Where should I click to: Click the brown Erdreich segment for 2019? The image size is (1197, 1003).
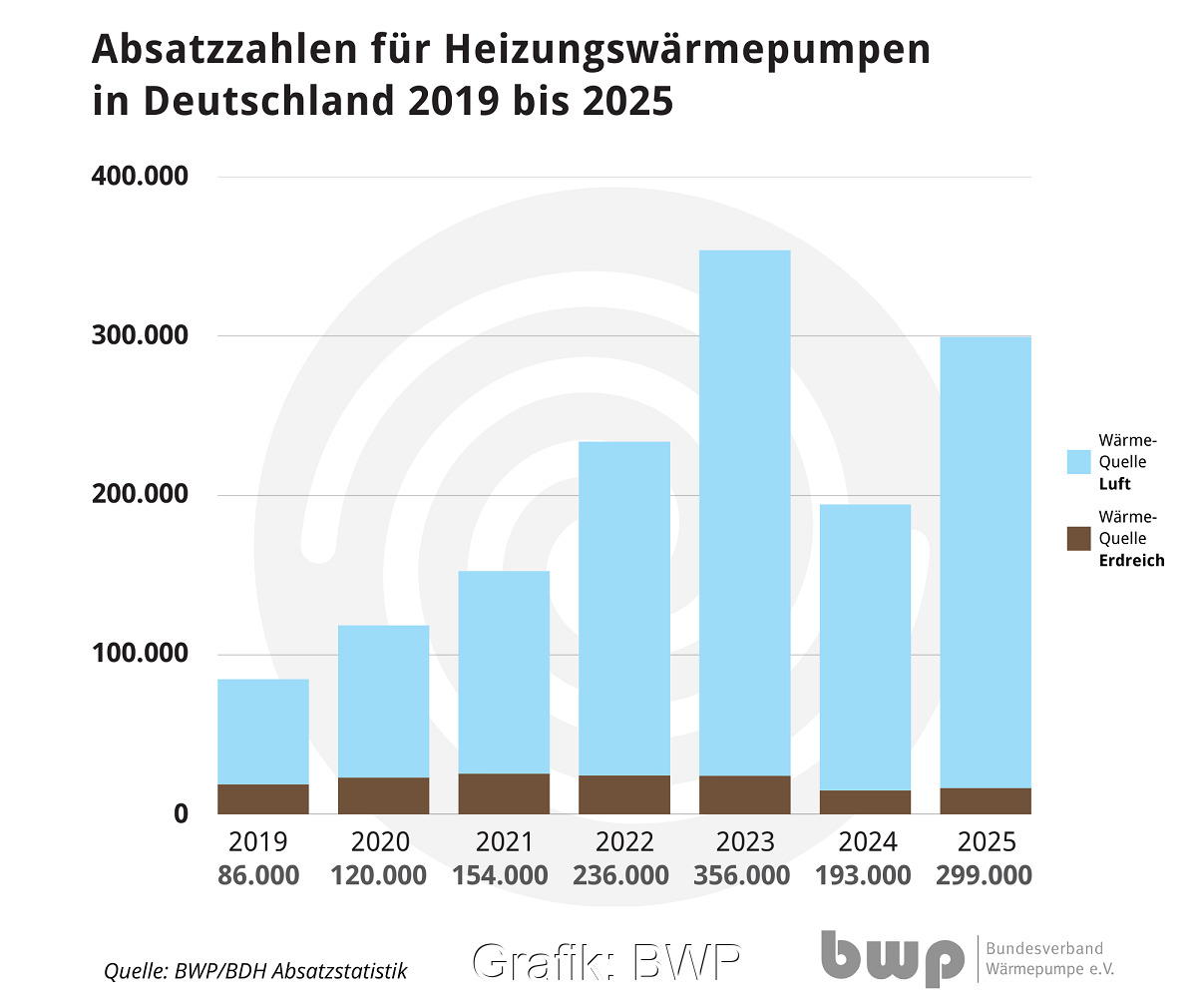[263, 798]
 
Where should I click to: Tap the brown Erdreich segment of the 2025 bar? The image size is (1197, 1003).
[986, 800]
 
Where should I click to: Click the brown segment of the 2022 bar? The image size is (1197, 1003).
[624, 794]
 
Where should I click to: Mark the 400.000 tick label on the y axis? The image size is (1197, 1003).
[141, 177]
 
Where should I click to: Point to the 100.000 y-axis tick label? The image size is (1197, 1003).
[141, 654]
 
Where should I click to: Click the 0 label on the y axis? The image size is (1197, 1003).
[181, 813]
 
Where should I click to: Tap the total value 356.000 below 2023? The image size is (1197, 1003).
[742, 875]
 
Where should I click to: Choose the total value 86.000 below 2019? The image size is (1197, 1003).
[259, 875]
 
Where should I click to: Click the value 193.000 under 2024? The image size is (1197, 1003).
[863, 875]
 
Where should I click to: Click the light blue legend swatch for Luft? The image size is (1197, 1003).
[1079, 461]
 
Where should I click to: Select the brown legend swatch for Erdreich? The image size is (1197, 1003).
[1079, 538]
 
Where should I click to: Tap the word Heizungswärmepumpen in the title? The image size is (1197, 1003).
[687, 49]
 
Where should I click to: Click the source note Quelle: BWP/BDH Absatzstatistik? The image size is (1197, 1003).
[256, 970]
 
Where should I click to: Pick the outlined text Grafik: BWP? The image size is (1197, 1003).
[606, 962]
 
